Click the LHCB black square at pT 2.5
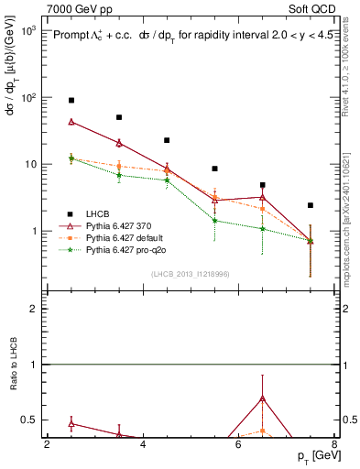pyautogui.click(x=71, y=100)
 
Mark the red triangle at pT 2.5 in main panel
pyautogui.click(x=71, y=121)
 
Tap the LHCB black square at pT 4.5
pyautogui.click(x=167, y=140)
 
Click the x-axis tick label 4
pyautogui.click(x=143, y=444)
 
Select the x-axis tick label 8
pyautogui.click(x=334, y=444)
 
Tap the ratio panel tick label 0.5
pyautogui.click(x=27, y=420)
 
